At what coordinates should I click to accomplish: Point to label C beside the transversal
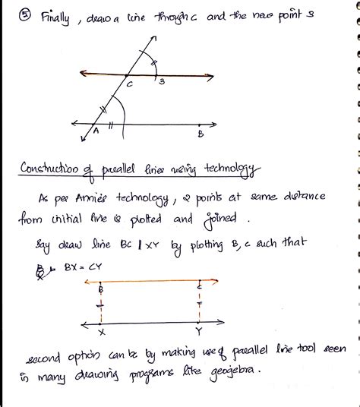pos(129,86)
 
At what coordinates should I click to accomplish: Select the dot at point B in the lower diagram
pos(100,282)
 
